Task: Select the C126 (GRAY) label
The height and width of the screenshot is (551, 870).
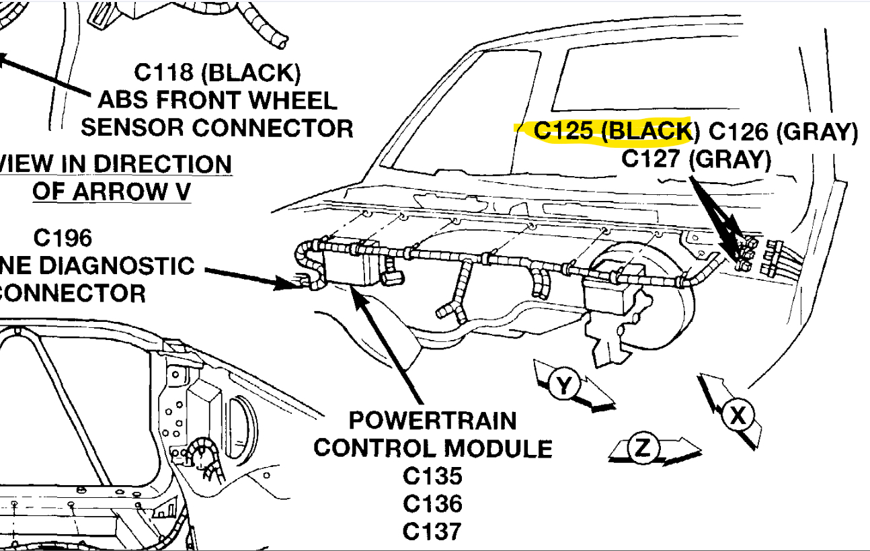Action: (x=784, y=131)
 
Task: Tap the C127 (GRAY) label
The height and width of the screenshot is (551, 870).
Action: (x=696, y=160)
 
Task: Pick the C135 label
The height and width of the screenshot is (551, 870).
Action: (x=433, y=476)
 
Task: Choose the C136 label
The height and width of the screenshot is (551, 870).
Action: (x=433, y=503)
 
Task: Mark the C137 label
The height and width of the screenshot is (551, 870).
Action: (x=433, y=531)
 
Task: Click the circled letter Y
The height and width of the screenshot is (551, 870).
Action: (x=564, y=385)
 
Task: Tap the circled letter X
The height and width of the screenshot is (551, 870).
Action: (x=738, y=416)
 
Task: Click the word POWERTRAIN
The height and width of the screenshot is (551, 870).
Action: (x=433, y=421)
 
